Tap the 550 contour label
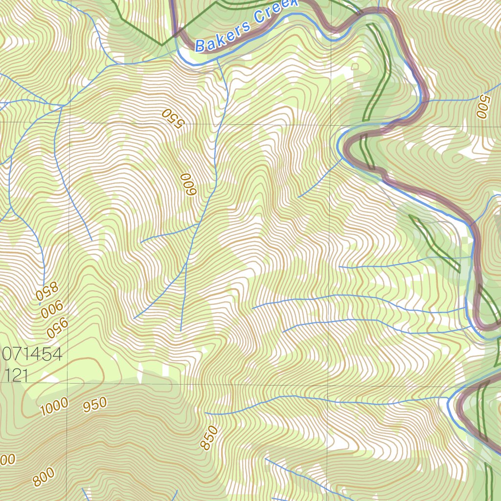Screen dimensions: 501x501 pyautogui.click(x=172, y=118)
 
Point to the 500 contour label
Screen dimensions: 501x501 pyautogui.click(x=482, y=106)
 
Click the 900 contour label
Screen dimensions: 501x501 pyautogui.click(x=52, y=310)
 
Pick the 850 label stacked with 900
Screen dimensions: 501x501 pyautogui.click(x=46, y=292)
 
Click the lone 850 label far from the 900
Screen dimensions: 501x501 pyautogui.click(x=209, y=437)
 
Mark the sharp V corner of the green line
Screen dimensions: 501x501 pyautogui.click(x=162, y=45)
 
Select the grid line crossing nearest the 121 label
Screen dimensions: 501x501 pyautogui.click(x=68, y=385)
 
